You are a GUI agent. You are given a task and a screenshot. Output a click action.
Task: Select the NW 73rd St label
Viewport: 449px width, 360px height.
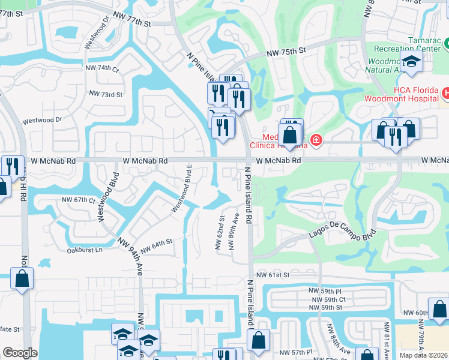point(106,94)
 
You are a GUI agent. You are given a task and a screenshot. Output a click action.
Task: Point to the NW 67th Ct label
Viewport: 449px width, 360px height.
point(78,200)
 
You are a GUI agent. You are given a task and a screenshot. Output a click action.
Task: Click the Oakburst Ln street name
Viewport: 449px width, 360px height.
point(85,250)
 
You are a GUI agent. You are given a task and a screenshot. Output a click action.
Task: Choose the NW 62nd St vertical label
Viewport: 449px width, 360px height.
point(220,233)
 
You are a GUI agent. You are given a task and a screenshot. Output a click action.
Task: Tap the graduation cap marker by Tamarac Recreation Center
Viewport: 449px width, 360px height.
point(412,61)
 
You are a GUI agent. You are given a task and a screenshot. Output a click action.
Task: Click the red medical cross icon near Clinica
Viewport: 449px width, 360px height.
point(316,141)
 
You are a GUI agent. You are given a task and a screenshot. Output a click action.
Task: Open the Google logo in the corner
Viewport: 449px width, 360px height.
point(20,353)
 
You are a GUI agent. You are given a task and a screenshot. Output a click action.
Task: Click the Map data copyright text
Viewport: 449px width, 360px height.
point(423,355)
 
